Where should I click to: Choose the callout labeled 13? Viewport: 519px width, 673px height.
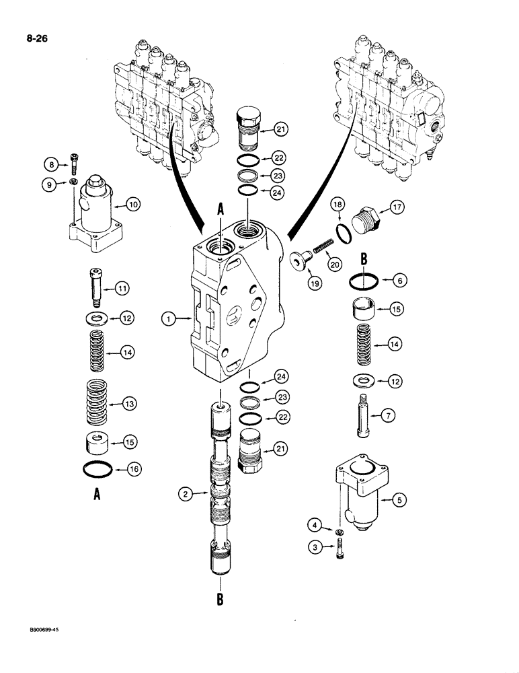click(128, 403)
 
